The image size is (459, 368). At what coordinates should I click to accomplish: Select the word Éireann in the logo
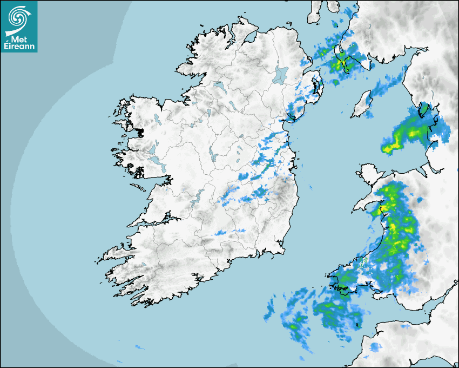click(x=19, y=47)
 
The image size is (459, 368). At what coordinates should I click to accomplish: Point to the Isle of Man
click(x=361, y=104)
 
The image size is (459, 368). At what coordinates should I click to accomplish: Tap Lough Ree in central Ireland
click(x=213, y=154)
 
